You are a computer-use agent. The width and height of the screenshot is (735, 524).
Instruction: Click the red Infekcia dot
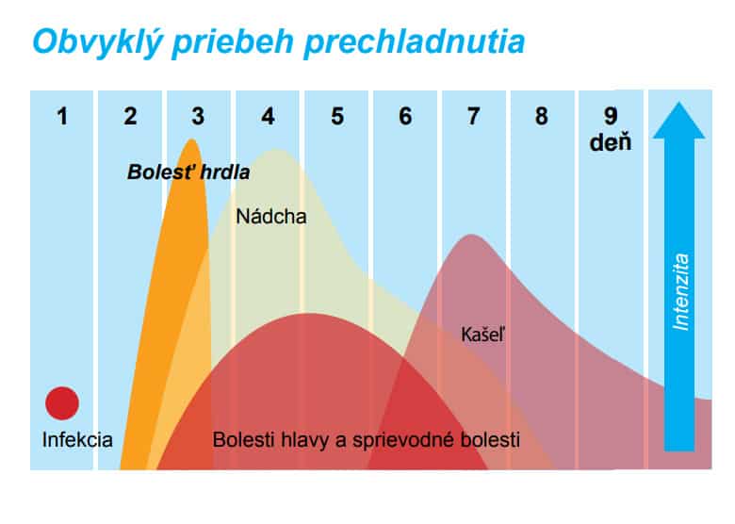click(62, 403)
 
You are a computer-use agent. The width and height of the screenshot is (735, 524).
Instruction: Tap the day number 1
click(62, 116)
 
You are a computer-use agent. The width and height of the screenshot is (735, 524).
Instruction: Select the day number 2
click(130, 116)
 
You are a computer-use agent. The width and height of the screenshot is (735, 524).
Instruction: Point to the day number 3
click(198, 116)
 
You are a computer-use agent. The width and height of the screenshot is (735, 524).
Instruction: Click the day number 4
click(268, 116)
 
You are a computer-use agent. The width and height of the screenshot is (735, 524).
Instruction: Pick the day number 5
click(337, 116)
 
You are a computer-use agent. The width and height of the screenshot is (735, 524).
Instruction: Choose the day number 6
click(405, 116)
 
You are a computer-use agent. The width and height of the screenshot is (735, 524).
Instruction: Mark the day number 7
click(473, 116)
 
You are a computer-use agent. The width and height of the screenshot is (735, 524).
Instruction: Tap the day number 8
click(542, 116)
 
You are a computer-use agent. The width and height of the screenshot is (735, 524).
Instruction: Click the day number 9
click(611, 116)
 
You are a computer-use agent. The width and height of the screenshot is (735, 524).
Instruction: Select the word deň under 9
click(611, 142)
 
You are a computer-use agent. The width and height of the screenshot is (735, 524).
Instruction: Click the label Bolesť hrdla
click(188, 172)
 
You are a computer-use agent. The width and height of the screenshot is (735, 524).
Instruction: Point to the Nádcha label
click(271, 217)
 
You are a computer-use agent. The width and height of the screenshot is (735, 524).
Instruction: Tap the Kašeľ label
click(482, 335)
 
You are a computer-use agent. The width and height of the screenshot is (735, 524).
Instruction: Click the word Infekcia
click(77, 439)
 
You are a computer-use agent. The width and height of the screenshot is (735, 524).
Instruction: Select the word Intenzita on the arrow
click(680, 291)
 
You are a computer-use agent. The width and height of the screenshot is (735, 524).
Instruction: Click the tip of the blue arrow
click(678, 102)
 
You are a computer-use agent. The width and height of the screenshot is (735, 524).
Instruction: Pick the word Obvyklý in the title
click(97, 42)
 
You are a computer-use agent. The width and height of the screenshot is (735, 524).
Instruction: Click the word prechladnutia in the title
click(415, 42)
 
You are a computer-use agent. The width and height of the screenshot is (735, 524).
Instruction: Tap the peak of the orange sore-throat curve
click(191, 139)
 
